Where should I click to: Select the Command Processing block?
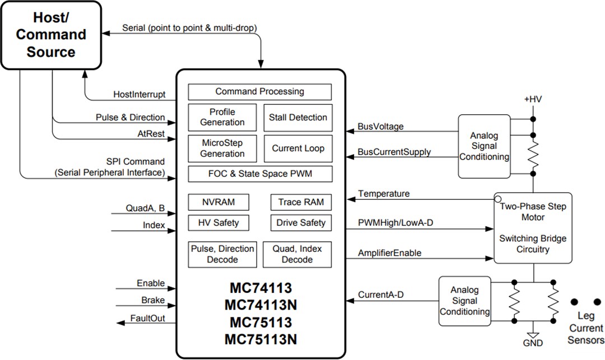259,92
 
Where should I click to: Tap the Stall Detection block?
297,118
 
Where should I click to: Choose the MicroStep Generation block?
222,148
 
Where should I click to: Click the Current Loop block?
297,148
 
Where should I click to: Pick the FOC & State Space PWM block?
259,174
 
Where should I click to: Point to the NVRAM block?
218,202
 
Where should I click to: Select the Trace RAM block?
301,202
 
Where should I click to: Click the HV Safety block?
218,223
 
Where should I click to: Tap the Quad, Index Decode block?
297,254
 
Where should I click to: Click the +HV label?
532,100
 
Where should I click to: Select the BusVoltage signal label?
380,127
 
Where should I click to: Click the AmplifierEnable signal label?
390,253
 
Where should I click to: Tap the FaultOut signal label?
147,319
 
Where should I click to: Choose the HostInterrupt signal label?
139,95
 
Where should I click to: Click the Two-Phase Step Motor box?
533,228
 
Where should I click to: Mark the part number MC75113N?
260,340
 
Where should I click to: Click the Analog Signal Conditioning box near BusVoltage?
484,146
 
